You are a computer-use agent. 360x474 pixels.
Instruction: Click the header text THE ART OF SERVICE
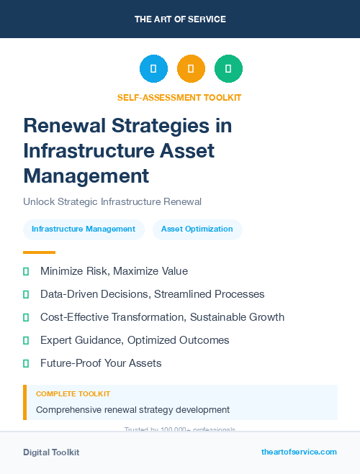tap(180, 19)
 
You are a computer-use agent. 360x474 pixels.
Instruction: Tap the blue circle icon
tap(153, 69)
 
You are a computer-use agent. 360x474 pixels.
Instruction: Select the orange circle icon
tap(191, 69)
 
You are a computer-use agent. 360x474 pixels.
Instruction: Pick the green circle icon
tap(228, 69)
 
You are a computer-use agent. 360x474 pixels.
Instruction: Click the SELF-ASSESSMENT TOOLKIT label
tap(179, 97)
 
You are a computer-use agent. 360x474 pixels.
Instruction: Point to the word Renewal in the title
tap(64, 126)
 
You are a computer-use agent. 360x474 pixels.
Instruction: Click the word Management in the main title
tap(86, 175)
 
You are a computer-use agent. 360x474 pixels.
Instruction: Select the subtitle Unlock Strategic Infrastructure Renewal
tap(112, 201)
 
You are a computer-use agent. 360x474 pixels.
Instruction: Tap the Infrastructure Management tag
tap(84, 229)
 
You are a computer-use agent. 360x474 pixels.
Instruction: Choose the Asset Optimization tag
tap(197, 229)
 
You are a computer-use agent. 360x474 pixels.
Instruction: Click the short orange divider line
tap(39, 252)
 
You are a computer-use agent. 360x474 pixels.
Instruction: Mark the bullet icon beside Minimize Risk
tap(26, 271)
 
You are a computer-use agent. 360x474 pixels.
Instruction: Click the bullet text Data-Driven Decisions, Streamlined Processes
tap(152, 294)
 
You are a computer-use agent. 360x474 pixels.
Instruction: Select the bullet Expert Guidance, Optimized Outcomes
tap(135, 340)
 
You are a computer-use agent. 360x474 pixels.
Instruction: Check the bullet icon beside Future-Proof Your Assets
tap(26, 363)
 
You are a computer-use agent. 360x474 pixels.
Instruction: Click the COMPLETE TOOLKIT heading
tap(73, 394)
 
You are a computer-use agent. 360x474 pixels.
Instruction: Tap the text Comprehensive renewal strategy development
tap(132, 409)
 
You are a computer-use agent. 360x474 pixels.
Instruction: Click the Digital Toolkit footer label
tap(51, 452)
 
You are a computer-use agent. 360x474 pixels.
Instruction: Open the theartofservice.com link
tap(299, 452)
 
